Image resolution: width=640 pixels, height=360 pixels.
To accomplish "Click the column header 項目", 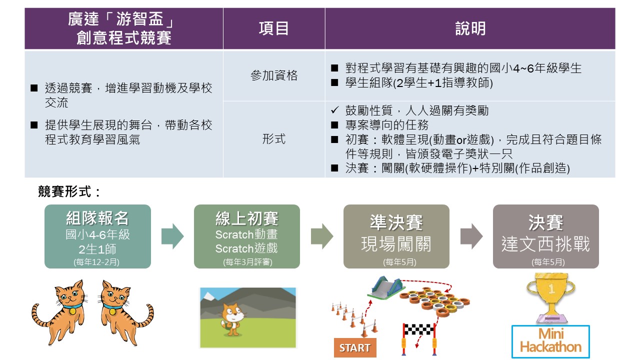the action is (x=273, y=28).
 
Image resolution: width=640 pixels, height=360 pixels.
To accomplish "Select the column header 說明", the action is (x=470, y=28).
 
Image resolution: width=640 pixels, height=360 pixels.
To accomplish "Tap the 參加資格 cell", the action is (x=273, y=75).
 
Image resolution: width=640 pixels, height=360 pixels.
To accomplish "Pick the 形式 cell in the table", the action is (x=273, y=139).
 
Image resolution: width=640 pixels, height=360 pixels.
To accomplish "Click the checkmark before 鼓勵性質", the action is (x=334, y=110).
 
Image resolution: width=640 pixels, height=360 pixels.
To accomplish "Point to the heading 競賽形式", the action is (x=69, y=191).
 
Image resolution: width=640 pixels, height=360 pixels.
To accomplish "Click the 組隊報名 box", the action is (x=97, y=236).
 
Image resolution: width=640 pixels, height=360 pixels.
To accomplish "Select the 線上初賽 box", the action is (x=247, y=236).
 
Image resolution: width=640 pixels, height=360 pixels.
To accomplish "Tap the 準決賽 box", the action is (x=396, y=236).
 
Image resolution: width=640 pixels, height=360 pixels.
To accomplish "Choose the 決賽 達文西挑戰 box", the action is (x=545, y=236).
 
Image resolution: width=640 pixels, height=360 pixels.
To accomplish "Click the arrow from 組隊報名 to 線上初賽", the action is (x=172, y=236).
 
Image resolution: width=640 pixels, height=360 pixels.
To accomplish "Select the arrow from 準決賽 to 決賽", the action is (x=471, y=236).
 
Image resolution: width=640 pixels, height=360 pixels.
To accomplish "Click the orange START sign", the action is (x=355, y=347).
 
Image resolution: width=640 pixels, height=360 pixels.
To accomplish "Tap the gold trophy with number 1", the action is (x=550, y=297).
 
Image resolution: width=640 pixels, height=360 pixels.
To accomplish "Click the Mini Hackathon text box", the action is (x=550, y=341).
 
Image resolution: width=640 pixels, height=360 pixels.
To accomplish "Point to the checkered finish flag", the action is (x=418, y=329).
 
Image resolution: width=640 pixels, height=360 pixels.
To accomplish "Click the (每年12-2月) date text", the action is (x=96, y=262).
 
